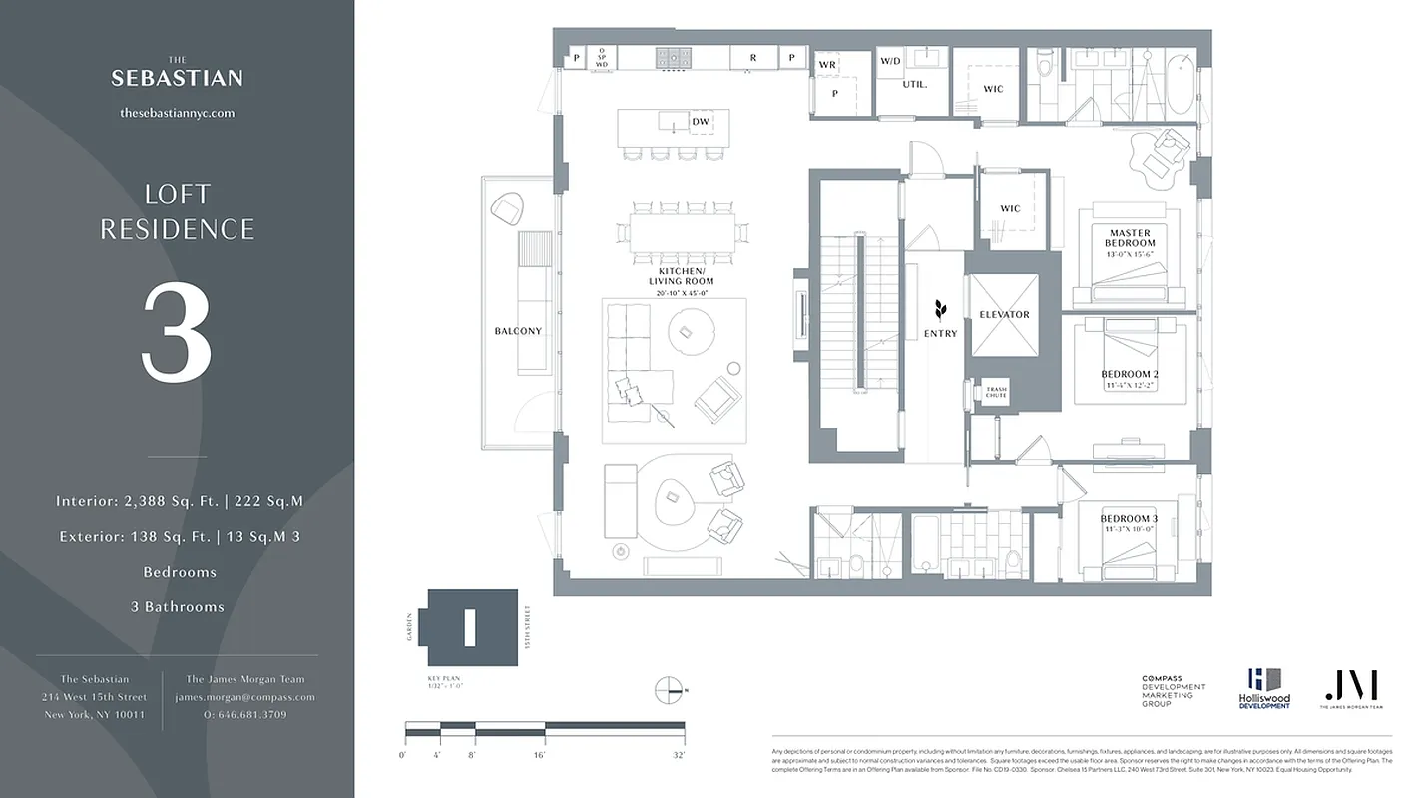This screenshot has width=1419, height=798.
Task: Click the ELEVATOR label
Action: coord(1004,315)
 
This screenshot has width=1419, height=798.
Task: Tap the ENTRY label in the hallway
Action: coord(940,334)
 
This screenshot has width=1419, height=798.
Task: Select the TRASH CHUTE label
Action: coord(996,392)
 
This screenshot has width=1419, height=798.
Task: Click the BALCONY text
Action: coord(518,331)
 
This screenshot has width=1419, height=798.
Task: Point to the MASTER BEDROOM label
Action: coord(1130,238)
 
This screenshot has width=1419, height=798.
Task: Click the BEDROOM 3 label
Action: coord(1129,519)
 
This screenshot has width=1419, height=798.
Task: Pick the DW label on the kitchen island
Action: coord(701,123)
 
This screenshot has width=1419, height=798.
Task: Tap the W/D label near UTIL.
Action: coord(890,62)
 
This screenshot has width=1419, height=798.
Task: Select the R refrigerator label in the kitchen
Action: coord(753,59)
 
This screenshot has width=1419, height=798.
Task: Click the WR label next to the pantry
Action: coord(827,65)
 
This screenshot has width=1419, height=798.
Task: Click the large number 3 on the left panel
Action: coord(177,333)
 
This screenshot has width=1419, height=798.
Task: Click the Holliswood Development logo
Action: coord(1264,688)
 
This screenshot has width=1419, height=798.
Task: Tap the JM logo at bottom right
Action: coord(1351,686)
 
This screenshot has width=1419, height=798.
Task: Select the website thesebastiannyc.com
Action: coord(177,113)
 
